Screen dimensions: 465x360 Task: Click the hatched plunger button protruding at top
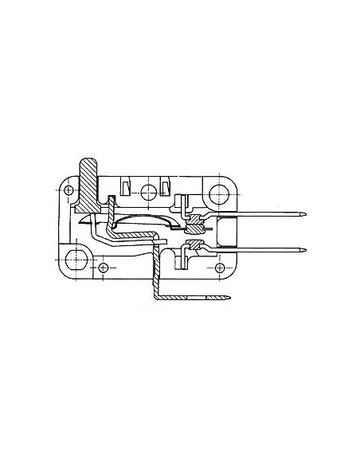[88, 170]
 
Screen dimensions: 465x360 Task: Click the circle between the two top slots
[145, 191]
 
